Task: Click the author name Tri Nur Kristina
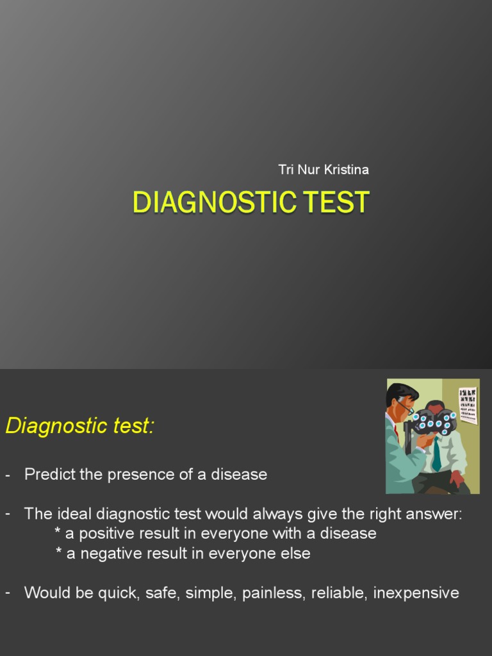pos(324,170)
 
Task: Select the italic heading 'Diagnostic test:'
pos(80,425)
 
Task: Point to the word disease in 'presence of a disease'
pos(240,475)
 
